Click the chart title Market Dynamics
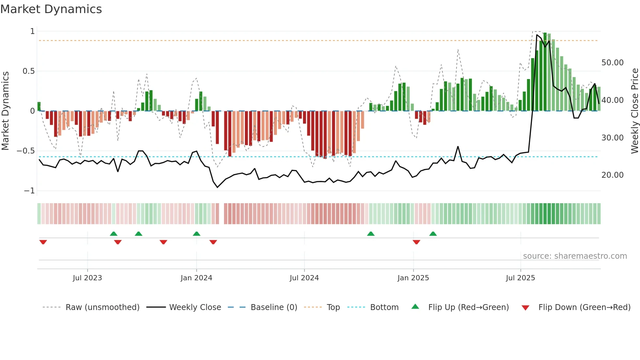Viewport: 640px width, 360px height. click(51, 9)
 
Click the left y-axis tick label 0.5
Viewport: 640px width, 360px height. click(28, 71)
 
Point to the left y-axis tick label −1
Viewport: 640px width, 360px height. click(29, 191)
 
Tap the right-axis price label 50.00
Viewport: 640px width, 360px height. click(612, 63)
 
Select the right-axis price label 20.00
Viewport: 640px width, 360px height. click(612, 175)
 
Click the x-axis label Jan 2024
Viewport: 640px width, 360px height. click(196, 278)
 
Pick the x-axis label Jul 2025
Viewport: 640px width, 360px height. click(520, 278)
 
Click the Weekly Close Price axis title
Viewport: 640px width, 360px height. click(634, 111)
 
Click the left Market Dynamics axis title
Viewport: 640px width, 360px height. click(5, 111)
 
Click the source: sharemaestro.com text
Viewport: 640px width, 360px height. click(575, 256)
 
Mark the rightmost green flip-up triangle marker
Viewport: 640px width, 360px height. click(433, 234)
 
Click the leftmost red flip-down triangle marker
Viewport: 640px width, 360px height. click(43, 242)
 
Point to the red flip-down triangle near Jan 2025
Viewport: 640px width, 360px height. click(416, 242)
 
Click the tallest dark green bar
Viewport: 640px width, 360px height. click(545, 72)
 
